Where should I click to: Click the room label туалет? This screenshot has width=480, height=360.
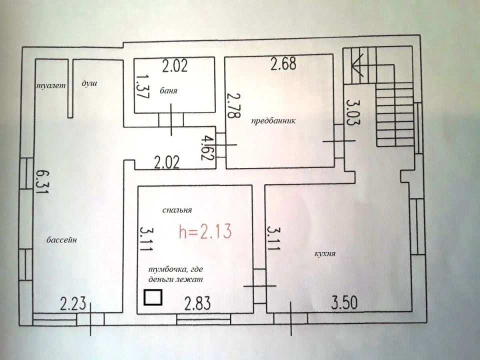point(51,85)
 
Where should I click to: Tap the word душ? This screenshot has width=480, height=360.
point(89,83)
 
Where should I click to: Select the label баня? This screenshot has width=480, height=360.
point(168,90)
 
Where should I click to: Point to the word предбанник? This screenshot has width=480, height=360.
point(273,120)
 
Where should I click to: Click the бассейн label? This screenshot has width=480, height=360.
point(61,239)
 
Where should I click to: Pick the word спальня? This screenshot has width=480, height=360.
point(177,210)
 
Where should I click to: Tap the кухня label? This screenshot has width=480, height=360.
point(325,254)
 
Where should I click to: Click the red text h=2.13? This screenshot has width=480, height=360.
point(205,231)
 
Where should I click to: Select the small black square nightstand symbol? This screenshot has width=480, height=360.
point(153,297)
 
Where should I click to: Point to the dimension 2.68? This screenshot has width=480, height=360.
point(283,63)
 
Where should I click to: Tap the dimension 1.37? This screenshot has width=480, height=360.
point(142,86)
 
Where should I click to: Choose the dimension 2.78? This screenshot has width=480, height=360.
point(233,105)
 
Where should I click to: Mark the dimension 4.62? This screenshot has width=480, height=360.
point(208,148)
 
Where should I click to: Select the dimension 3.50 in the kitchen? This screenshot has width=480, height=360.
point(344,303)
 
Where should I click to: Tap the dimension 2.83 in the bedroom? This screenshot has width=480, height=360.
point(197,303)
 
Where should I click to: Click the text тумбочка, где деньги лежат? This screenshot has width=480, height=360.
point(175,274)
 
